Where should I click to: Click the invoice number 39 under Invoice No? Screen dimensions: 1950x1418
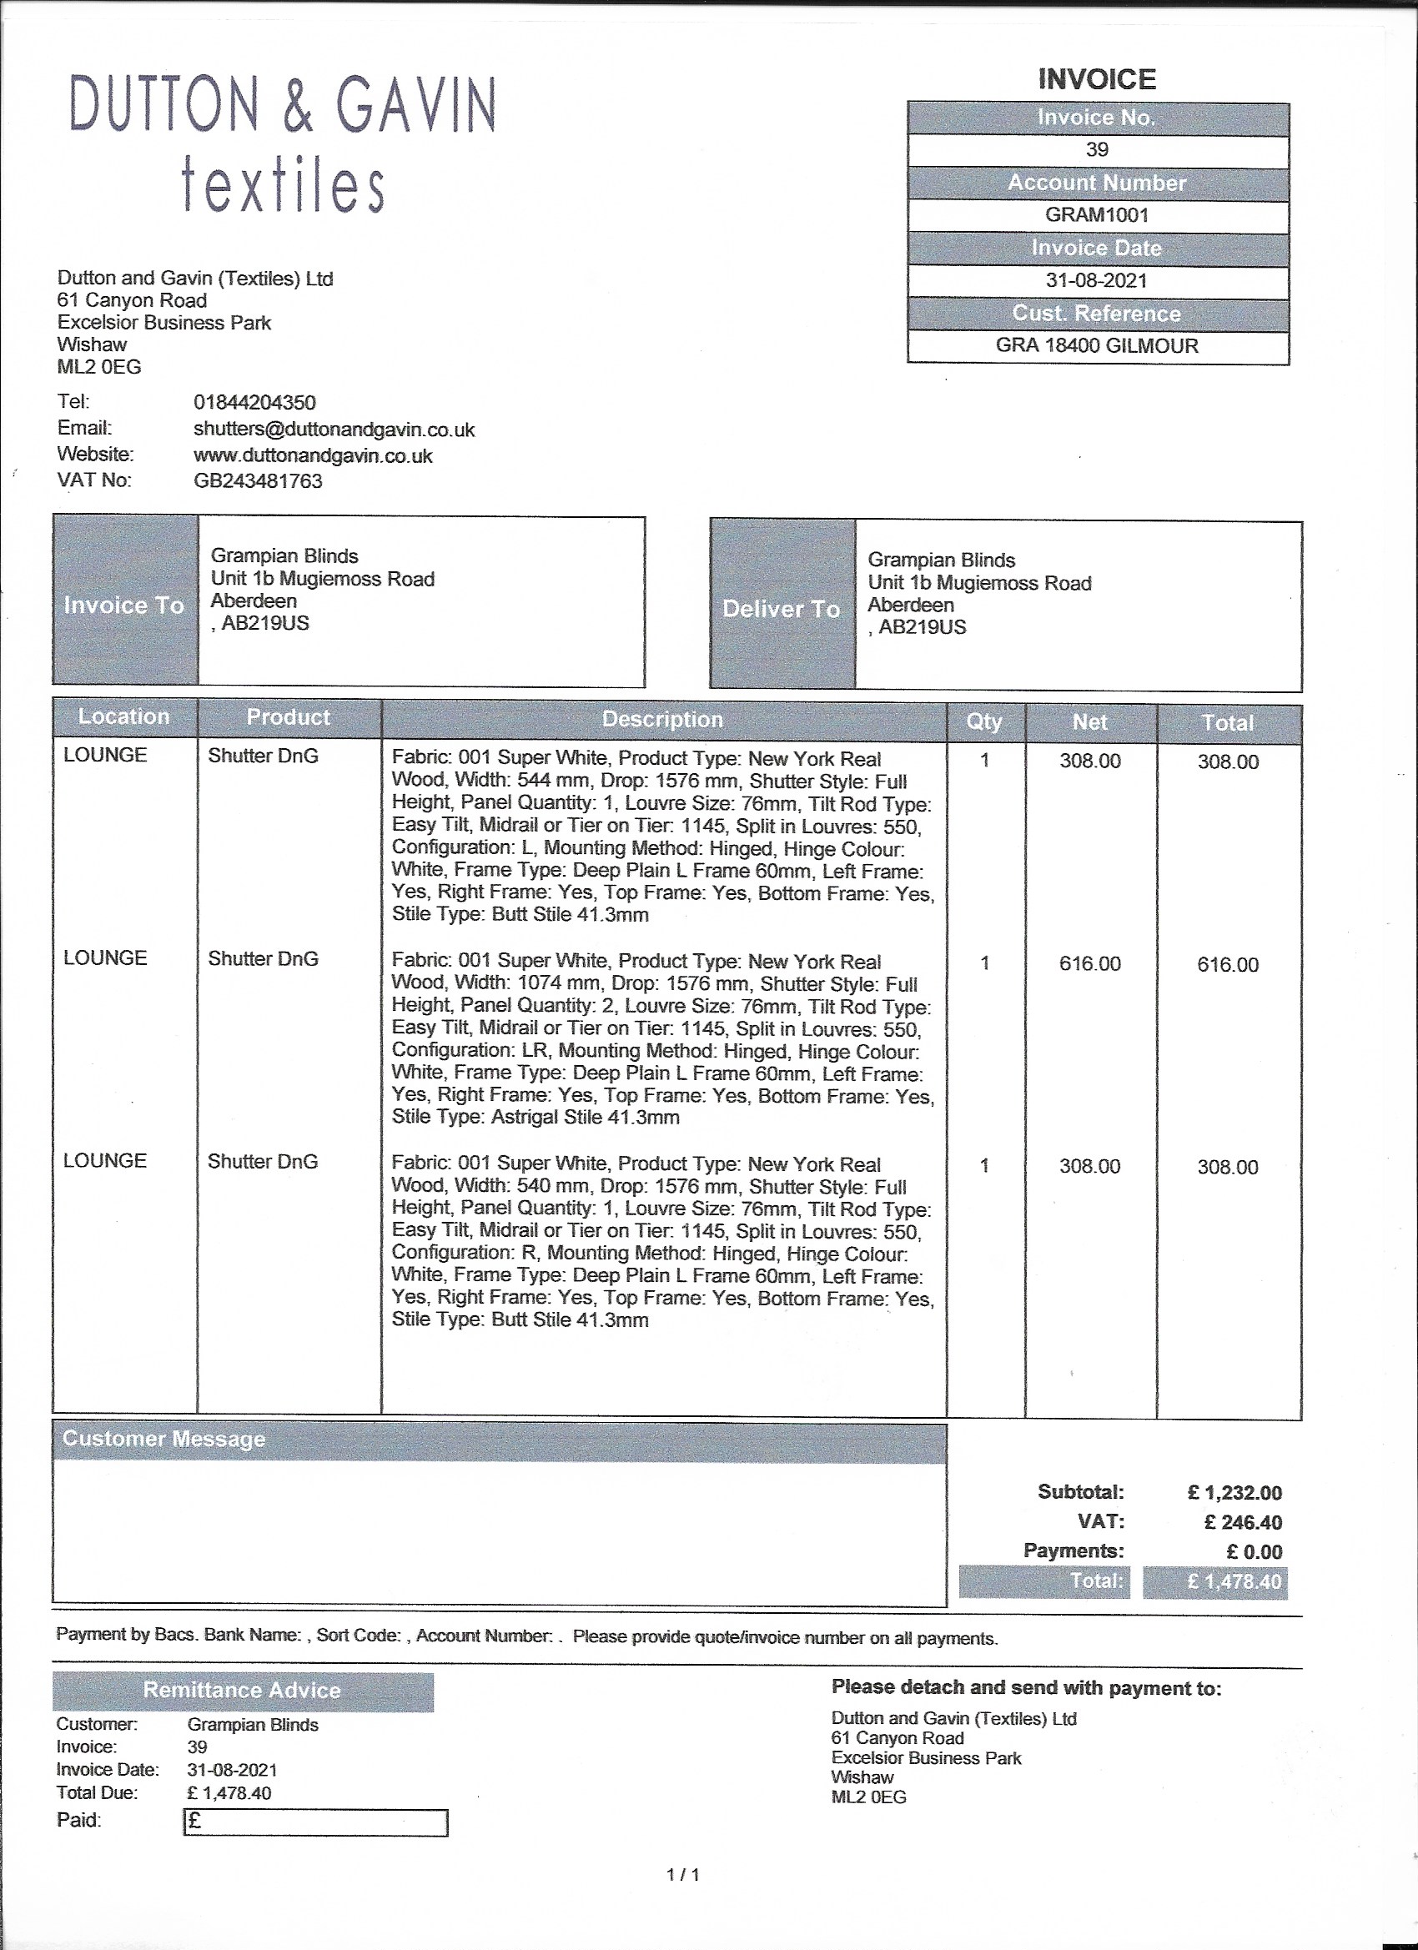click(1096, 149)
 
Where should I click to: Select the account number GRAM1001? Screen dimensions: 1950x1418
click(1096, 215)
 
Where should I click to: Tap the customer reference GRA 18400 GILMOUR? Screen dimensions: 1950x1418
click(1096, 345)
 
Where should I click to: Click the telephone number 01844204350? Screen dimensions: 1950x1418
click(254, 402)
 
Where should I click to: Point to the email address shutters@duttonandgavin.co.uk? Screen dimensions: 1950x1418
click(334, 429)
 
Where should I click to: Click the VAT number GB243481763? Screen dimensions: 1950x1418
click(258, 480)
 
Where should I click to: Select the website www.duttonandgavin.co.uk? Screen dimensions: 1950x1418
click(313, 455)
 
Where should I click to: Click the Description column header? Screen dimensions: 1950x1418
click(662, 720)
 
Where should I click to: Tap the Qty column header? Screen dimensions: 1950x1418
click(983, 721)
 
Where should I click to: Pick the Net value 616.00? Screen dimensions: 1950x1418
click(1089, 964)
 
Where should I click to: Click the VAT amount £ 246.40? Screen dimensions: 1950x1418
click(1243, 1523)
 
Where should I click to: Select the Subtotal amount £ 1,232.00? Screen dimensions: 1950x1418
click(1234, 1493)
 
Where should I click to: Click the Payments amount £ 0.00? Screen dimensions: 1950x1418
click(1254, 1552)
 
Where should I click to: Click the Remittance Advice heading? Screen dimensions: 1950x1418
click(242, 1691)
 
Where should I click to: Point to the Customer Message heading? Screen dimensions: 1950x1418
click(163, 1440)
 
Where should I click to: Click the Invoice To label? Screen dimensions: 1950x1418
click(123, 606)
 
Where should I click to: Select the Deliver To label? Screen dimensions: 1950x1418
click(781, 609)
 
